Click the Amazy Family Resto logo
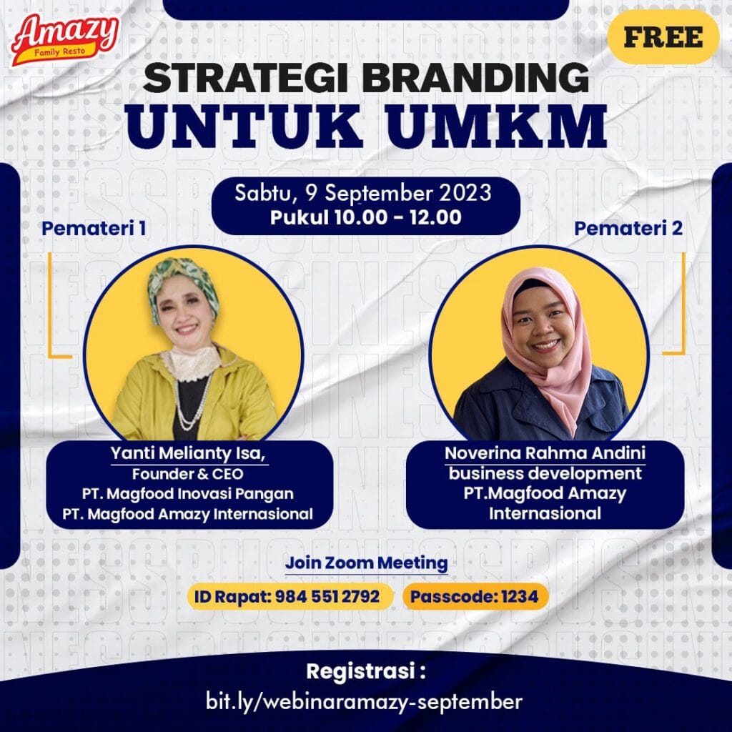65,39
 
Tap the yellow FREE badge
663,37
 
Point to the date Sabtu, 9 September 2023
362,193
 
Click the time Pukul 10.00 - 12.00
365,217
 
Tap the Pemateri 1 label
94,228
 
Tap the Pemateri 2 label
628,228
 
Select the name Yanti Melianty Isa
188,452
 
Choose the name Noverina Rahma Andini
545,452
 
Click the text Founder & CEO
188,474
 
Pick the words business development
545,473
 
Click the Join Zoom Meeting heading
366,563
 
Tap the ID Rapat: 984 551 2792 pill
290,596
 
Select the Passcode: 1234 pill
475,596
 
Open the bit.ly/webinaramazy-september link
364,701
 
